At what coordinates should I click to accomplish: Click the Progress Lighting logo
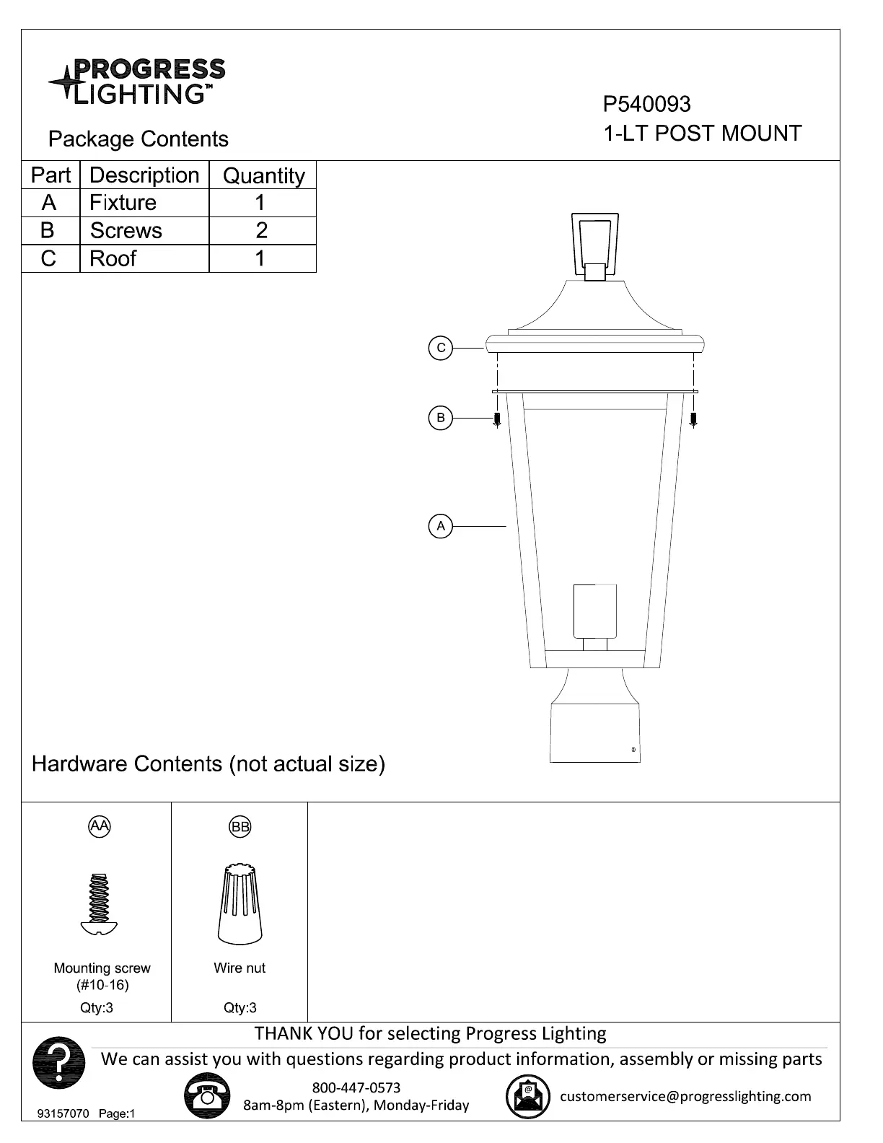coord(137,81)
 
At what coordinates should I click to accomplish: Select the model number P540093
coord(646,104)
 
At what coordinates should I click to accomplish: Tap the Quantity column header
coord(263,175)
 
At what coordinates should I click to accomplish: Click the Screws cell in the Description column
coord(144,230)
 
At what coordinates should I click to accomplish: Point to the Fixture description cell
coord(144,203)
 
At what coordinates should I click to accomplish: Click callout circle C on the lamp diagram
coord(441,348)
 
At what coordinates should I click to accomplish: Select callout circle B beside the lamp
coord(441,418)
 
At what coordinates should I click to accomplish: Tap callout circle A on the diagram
coord(441,526)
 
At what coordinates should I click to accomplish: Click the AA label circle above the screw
coord(100,825)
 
